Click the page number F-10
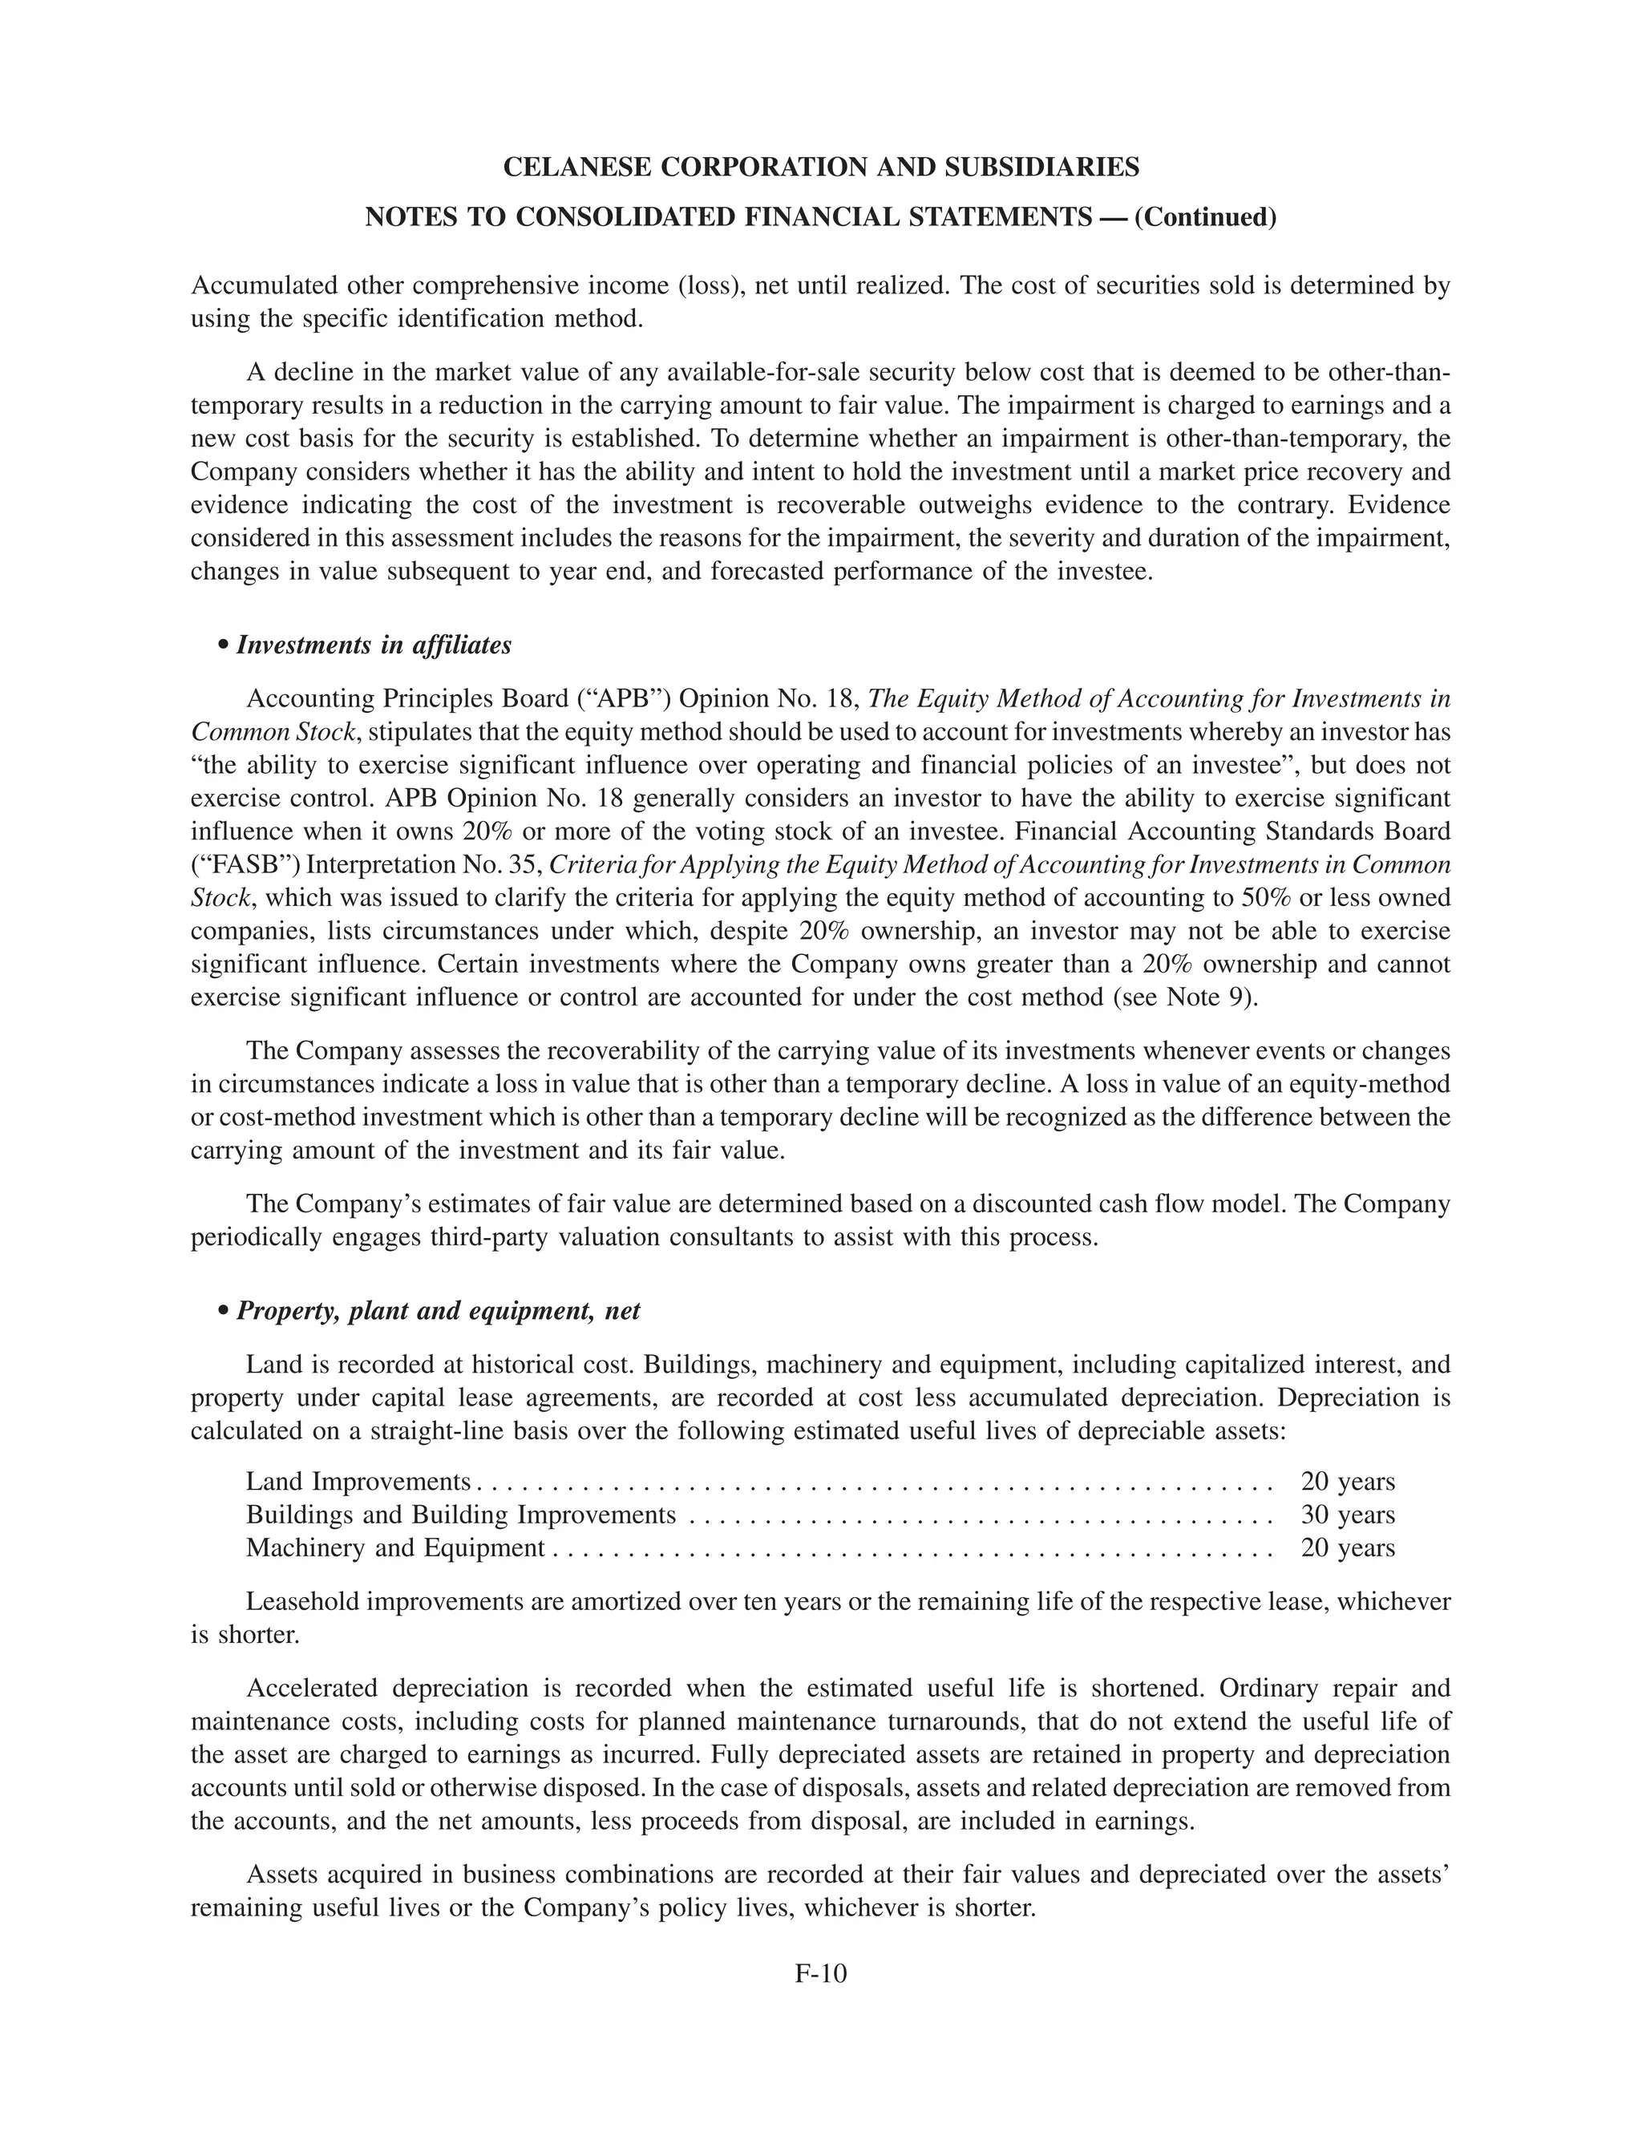(820, 1973)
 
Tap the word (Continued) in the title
(1204, 217)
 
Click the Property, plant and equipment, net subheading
(438, 1310)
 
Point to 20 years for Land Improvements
(1347, 1482)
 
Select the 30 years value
(1347, 1515)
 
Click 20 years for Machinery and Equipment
(1347, 1547)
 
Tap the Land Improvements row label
(358, 1482)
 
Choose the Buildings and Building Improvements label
(460, 1515)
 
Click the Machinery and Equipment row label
(394, 1547)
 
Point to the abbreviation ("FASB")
(233, 865)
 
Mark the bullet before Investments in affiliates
(224, 646)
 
